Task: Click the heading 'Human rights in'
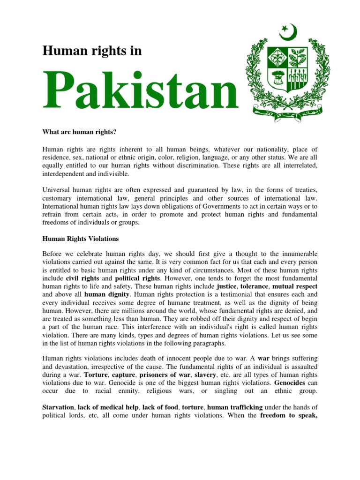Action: pos(92,51)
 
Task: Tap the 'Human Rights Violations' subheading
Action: pos(80,239)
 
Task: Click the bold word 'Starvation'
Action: pos(58,407)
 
